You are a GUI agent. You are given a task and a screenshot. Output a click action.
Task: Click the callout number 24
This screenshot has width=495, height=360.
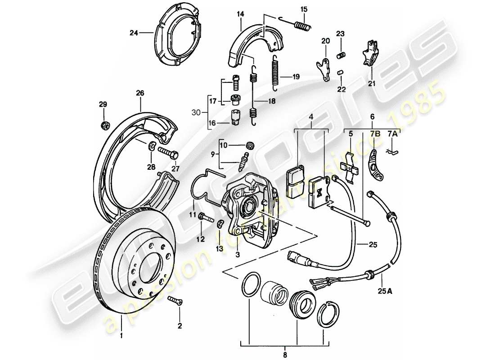[x=133, y=32]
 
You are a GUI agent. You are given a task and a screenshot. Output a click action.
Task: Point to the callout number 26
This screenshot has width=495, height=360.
[x=140, y=94]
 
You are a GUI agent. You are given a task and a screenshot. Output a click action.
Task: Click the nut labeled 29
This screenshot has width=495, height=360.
[x=104, y=124]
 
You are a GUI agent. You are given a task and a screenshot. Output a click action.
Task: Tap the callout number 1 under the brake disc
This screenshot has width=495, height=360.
[x=121, y=335]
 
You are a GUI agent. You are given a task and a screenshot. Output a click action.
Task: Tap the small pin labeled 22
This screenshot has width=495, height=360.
[x=341, y=72]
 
